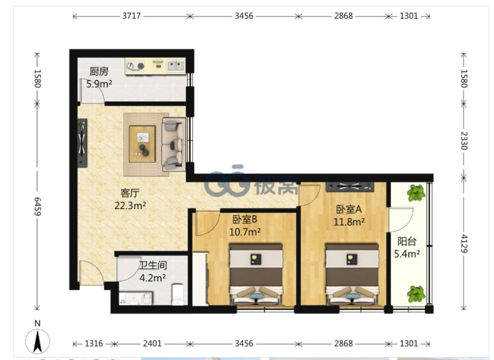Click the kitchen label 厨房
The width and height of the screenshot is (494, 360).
pos(99,71)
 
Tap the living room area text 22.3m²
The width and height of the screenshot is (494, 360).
pos(130,206)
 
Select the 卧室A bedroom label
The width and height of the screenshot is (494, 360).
pos(348,209)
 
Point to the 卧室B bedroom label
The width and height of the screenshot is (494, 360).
pos(245,219)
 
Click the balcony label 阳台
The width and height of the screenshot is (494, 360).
pos(407,241)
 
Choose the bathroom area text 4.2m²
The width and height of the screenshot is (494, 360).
pos(153,278)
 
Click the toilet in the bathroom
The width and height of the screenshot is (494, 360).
pos(178,294)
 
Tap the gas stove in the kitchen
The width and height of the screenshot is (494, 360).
pos(136,66)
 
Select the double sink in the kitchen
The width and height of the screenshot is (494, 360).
pos(175,66)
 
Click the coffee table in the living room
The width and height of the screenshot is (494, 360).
pos(142,144)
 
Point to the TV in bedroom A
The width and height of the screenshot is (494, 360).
pos(350,186)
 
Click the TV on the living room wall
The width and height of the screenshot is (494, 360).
pos(82,143)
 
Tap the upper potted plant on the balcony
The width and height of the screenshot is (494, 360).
pos(416,193)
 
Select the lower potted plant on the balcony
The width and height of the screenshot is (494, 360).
pos(416,294)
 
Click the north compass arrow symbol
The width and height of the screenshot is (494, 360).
pos(38,341)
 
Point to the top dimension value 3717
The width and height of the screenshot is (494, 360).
pos(131,16)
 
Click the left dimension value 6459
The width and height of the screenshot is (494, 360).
pos(38,207)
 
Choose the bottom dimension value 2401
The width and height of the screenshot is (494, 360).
pos(152,344)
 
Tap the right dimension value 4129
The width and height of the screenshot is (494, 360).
pos(464,244)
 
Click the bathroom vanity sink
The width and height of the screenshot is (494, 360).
pos(136,298)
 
